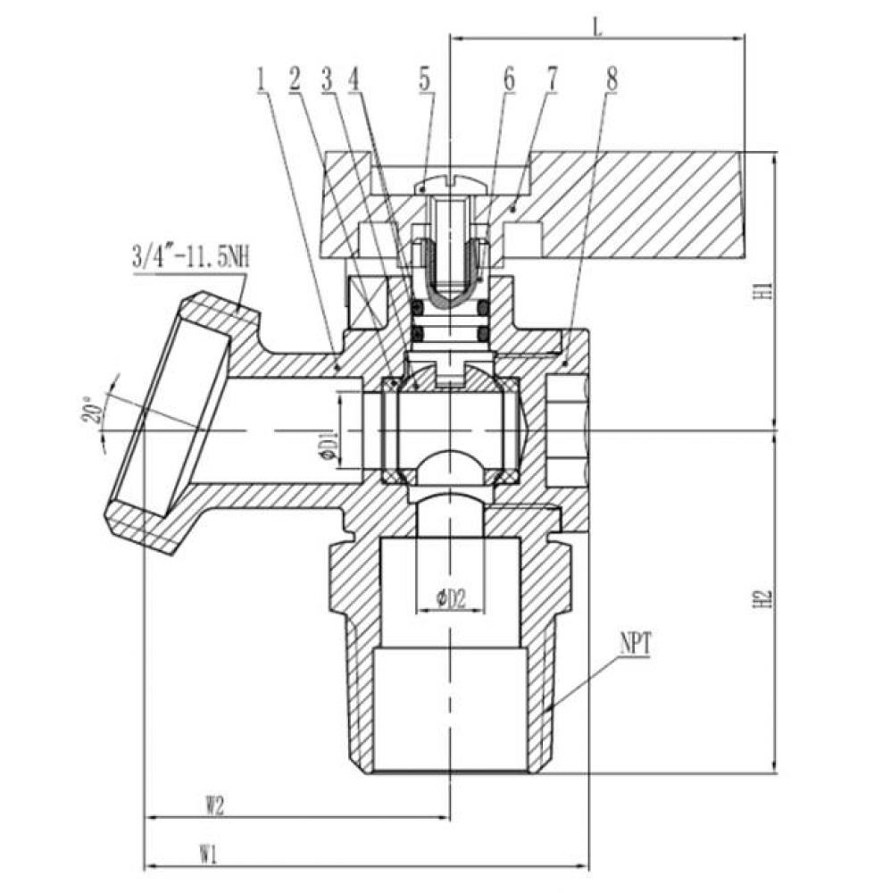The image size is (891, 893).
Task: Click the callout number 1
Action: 262,80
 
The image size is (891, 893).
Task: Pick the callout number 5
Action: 425,79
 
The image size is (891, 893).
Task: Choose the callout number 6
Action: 508,79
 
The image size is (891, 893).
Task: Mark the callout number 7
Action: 551,79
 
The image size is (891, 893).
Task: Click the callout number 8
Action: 612,79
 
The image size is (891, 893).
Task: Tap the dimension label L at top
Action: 597,27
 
